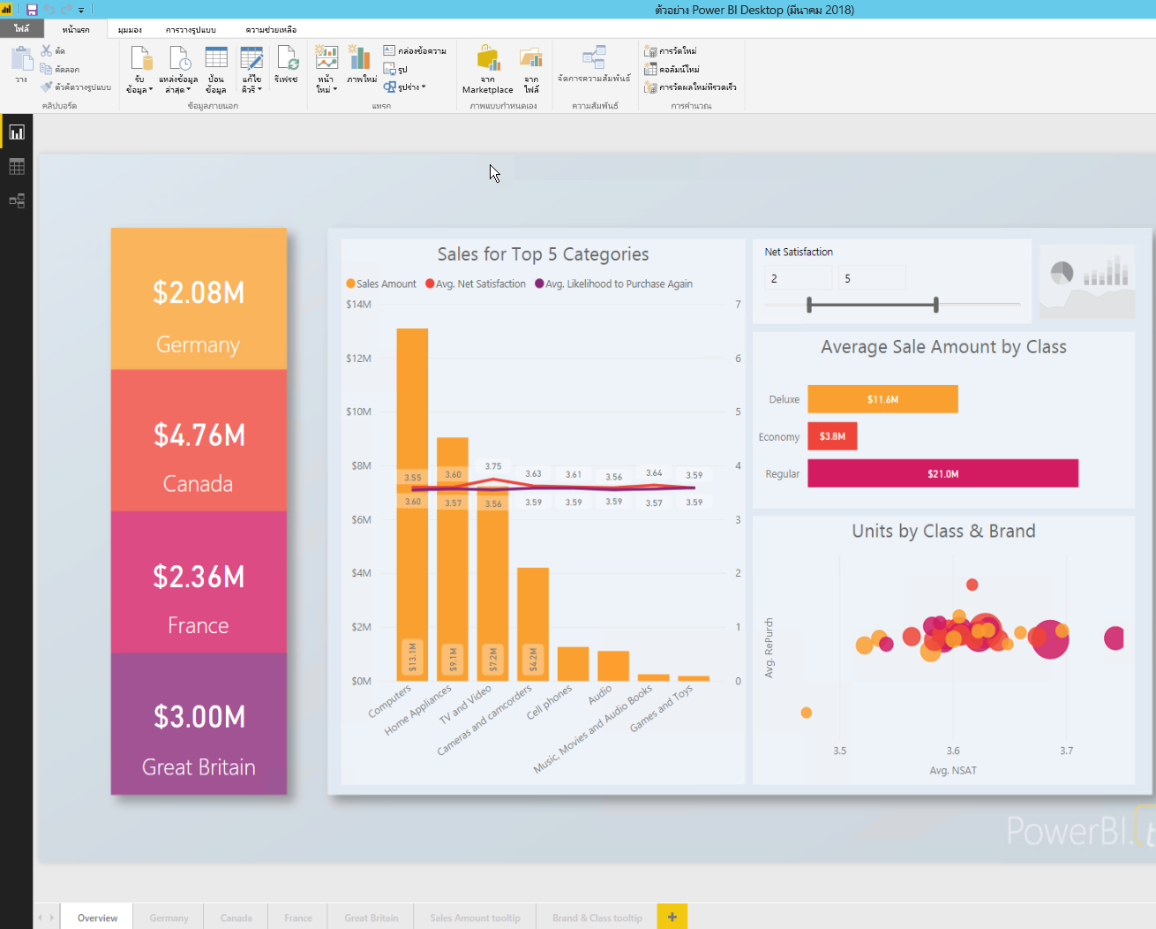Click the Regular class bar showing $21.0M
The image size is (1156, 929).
(x=942, y=473)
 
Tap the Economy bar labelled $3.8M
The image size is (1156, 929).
(x=832, y=436)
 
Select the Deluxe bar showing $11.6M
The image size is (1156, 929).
(x=882, y=399)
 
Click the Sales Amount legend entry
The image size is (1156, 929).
(x=381, y=284)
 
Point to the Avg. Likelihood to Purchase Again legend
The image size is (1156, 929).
(x=614, y=284)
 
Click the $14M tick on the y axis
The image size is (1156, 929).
(x=359, y=305)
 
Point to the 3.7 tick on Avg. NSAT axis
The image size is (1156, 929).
(x=1066, y=751)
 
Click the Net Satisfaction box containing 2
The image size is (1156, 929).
(x=798, y=279)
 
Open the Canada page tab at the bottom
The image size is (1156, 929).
(x=236, y=918)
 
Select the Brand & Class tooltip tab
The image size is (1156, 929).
(x=597, y=918)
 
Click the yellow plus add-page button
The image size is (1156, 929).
(x=672, y=917)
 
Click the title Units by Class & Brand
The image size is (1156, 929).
(x=943, y=532)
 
